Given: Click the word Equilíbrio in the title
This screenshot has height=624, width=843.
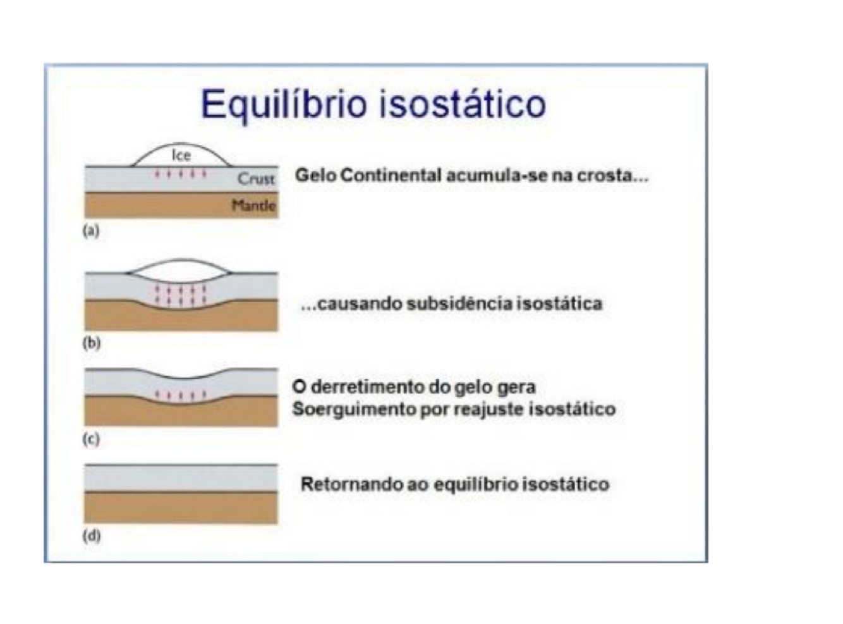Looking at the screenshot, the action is (x=283, y=104).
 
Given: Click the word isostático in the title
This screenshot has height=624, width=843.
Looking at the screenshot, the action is (x=462, y=104).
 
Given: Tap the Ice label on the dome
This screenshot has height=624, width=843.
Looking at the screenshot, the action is (x=181, y=155).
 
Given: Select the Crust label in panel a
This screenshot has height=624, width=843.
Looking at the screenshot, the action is (x=256, y=179).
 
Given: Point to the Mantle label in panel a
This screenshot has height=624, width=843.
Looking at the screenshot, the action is (x=253, y=205).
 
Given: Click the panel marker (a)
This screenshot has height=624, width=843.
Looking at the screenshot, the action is (x=92, y=231).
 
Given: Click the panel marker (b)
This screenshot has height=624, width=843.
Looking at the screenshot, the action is (x=92, y=343).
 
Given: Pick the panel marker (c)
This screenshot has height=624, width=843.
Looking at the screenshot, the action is (x=92, y=439).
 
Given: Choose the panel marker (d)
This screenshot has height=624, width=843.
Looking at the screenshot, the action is (x=92, y=536).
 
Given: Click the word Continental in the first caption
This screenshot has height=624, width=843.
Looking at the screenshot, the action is (x=391, y=175).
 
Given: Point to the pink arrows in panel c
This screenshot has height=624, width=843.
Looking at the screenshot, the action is (x=181, y=396).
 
